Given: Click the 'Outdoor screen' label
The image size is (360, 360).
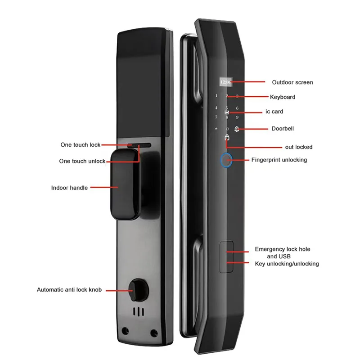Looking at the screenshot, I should click(292, 82).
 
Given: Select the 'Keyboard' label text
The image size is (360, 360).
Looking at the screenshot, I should click(282, 97).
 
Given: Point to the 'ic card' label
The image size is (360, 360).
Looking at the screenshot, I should click(274, 111).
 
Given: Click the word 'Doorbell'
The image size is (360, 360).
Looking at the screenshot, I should click(283, 129).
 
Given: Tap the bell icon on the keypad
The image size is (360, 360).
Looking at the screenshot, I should click(237, 129).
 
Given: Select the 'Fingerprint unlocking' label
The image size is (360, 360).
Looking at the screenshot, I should click(279, 160).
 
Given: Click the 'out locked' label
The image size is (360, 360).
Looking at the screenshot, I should click(298, 147).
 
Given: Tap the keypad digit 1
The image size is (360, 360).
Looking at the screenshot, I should click(216, 96).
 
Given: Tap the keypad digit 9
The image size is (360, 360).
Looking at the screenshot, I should click(237, 118).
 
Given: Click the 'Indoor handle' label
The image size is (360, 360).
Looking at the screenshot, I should click(69, 188).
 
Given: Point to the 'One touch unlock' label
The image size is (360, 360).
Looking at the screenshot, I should click(82, 161).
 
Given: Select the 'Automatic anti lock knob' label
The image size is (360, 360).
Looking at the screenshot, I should click(69, 290).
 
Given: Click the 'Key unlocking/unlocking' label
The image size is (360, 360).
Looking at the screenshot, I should click(287, 264).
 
